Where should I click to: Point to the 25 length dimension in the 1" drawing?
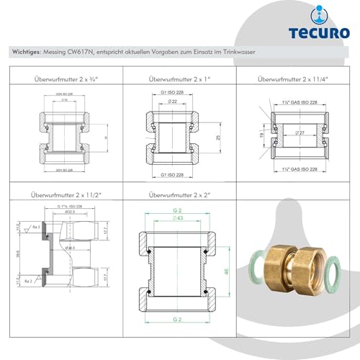[x=218, y=136]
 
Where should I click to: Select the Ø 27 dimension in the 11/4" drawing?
[x=299, y=133]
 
